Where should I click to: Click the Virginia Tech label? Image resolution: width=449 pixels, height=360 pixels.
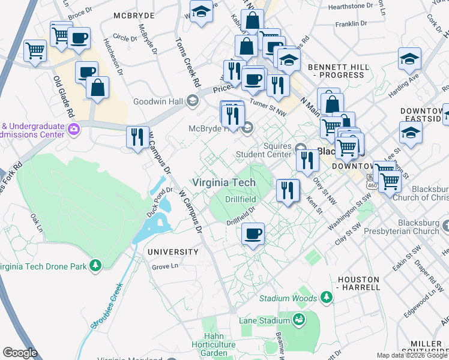(223, 182)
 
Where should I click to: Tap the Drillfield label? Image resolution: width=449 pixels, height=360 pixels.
(240, 199)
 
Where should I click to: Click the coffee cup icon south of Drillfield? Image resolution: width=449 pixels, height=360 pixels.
(253, 233)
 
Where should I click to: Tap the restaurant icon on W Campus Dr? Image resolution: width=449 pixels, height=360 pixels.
(138, 137)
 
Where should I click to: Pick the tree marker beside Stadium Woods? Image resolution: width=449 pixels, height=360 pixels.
(326, 297)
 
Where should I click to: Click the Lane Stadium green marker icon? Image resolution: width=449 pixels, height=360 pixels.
(298, 320)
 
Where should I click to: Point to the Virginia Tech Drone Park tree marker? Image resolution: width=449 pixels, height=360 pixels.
(95, 265)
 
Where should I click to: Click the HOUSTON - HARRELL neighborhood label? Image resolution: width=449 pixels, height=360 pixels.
(359, 283)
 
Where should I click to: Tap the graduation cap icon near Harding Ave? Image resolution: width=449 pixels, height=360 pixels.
(409, 59)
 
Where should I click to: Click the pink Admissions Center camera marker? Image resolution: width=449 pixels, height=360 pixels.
(74, 128)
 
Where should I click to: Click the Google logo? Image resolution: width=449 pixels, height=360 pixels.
(20, 353)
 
